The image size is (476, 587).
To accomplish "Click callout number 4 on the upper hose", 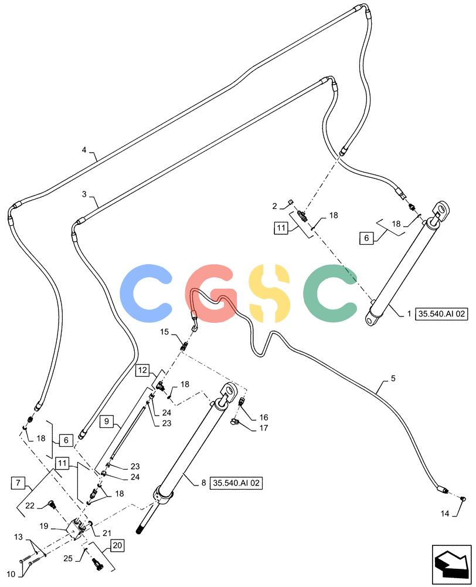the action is [x=84, y=150].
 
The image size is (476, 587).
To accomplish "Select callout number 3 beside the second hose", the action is [x=84, y=194].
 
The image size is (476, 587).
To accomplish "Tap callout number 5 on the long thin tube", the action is [x=393, y=379].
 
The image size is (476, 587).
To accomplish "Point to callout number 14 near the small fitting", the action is [x=444, y=514].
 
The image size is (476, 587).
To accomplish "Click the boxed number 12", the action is [x=142, y=370].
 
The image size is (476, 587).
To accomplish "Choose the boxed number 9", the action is [x=107, y=421].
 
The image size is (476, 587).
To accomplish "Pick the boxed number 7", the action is [x=18, y=483].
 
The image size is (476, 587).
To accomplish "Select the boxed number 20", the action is [x=117, y=545].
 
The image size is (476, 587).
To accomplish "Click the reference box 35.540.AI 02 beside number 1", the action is [x=441, y=313].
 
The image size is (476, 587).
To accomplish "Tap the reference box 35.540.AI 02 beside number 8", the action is [x=236, y=483].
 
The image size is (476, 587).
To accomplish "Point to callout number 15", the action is [x=165, y=332].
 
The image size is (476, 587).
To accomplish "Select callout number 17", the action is [x=264, y=428].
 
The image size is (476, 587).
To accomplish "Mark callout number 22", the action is [x=30, y=506].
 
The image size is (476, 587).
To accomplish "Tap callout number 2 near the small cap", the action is [x=275, y=206].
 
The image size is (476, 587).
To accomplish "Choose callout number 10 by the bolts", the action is [x=11, y=574].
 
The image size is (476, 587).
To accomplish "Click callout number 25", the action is [x=67, y=559].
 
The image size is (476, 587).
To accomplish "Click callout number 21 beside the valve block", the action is [x=107, y=533].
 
